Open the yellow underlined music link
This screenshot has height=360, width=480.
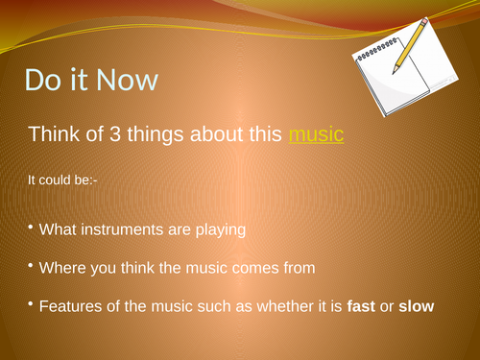point(316,134)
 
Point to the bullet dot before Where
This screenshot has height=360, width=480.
point(30,266)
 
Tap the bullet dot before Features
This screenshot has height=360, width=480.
point(30,304)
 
